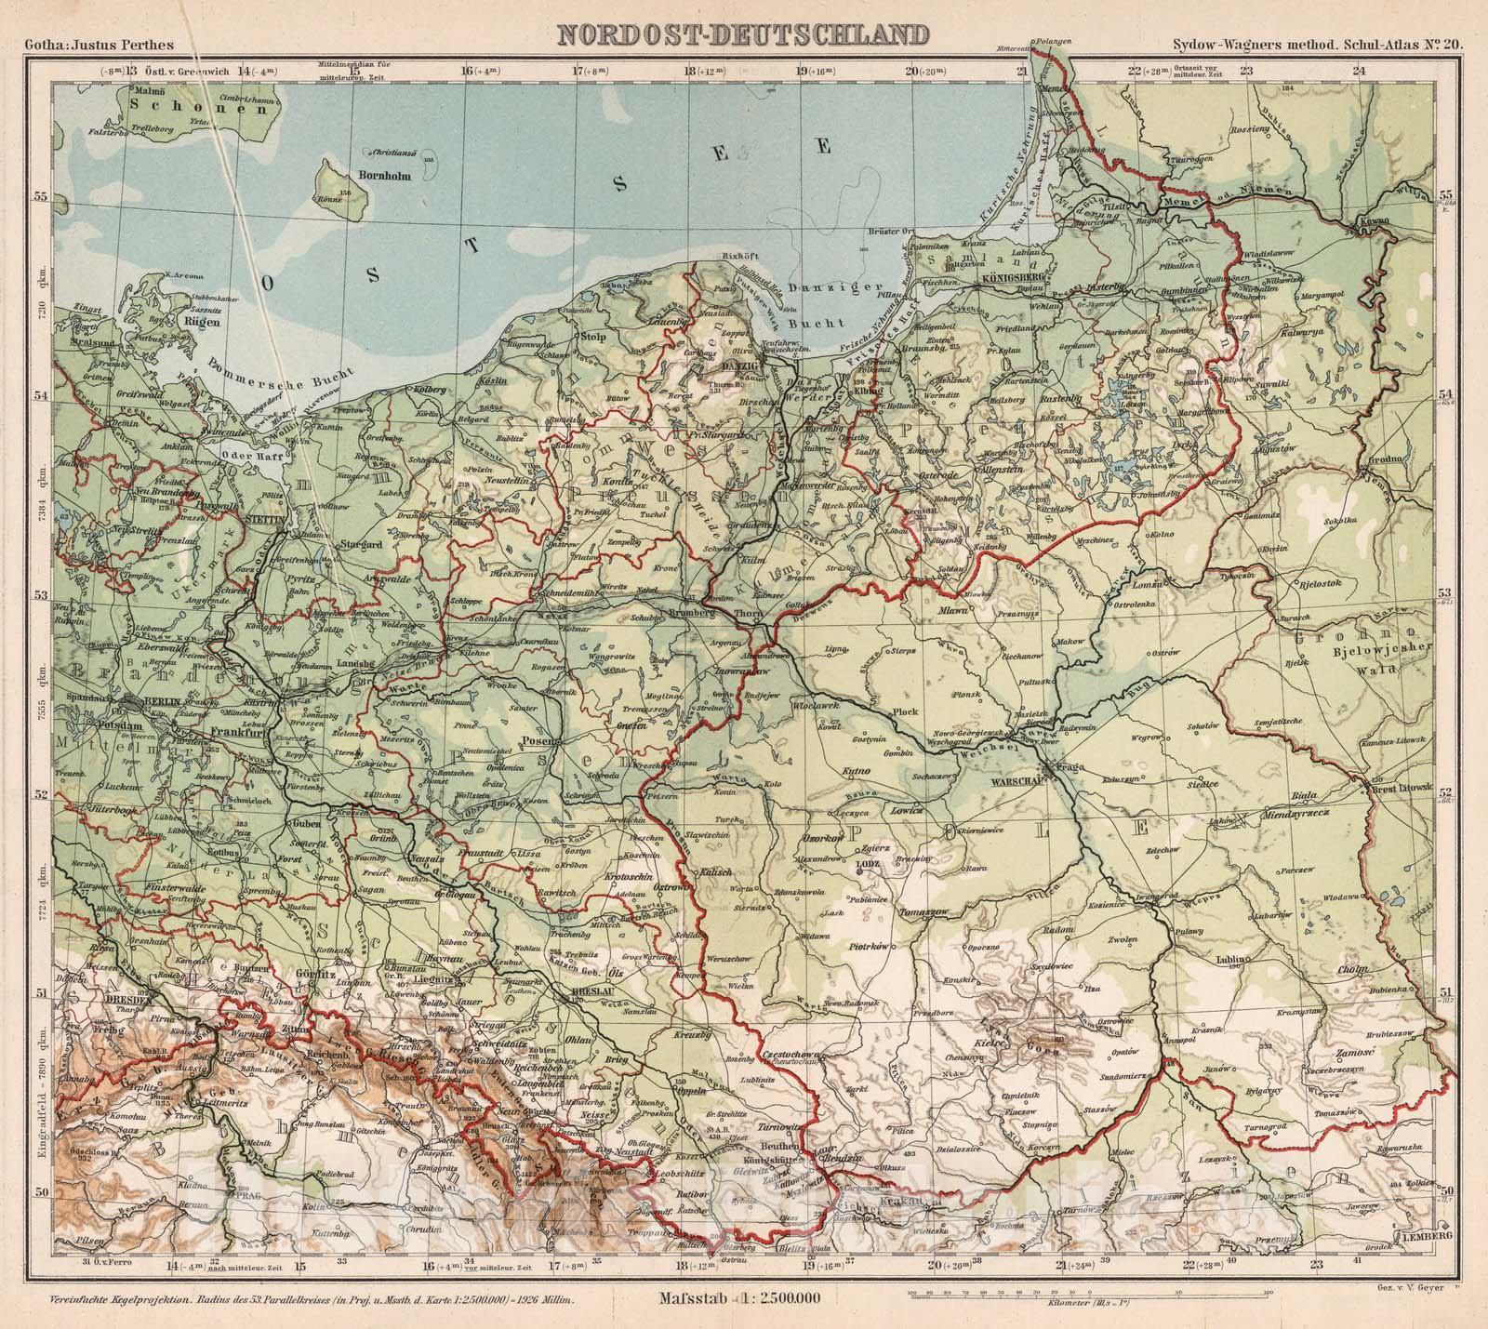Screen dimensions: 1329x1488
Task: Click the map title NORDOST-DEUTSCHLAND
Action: coord(742,35)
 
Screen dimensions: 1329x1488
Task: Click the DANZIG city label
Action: coord(724,368)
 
